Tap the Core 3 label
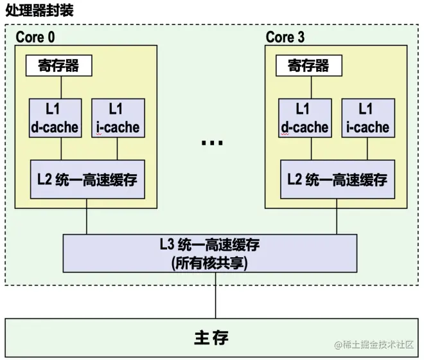click(285, 37)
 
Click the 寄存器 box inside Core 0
click(58, 66)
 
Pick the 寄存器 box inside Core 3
click(308, 66)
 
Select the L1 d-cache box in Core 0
click(55, 118)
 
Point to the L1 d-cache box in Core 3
click(305, 118)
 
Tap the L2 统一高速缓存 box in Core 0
click(86, 179)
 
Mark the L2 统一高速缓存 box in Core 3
click(337, 179)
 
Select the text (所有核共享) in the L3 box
click(209, 262)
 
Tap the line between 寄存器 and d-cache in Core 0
click(60, 87)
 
